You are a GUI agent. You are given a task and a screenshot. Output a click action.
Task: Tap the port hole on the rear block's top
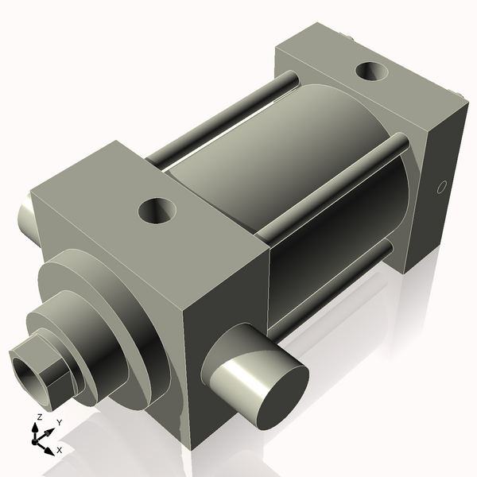pos(372,72)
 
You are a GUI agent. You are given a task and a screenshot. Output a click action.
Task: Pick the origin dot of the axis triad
pos(37,439)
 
